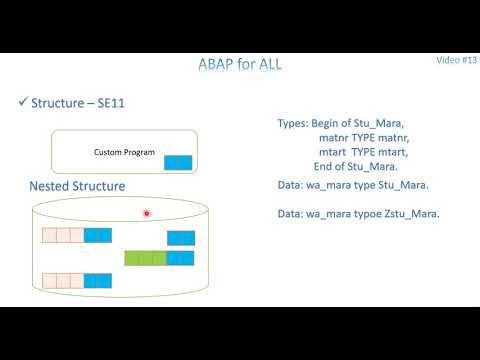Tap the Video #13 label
click(x=456, y=60)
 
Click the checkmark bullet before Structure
click(x=24, y=104)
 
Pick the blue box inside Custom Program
click(x=177, y=162)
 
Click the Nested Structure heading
click(x=78, y=187)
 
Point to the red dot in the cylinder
click(x=147, y=213)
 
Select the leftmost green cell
click(x=131, y=258)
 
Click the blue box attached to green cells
click(x=181, y=258)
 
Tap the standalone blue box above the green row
click(x=181, y=237)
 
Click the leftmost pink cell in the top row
click(x=48, y=236)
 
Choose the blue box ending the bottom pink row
click(x=98, y=279)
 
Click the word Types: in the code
click(x=294, y=123)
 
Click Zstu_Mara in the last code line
click(x=419, y=214)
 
